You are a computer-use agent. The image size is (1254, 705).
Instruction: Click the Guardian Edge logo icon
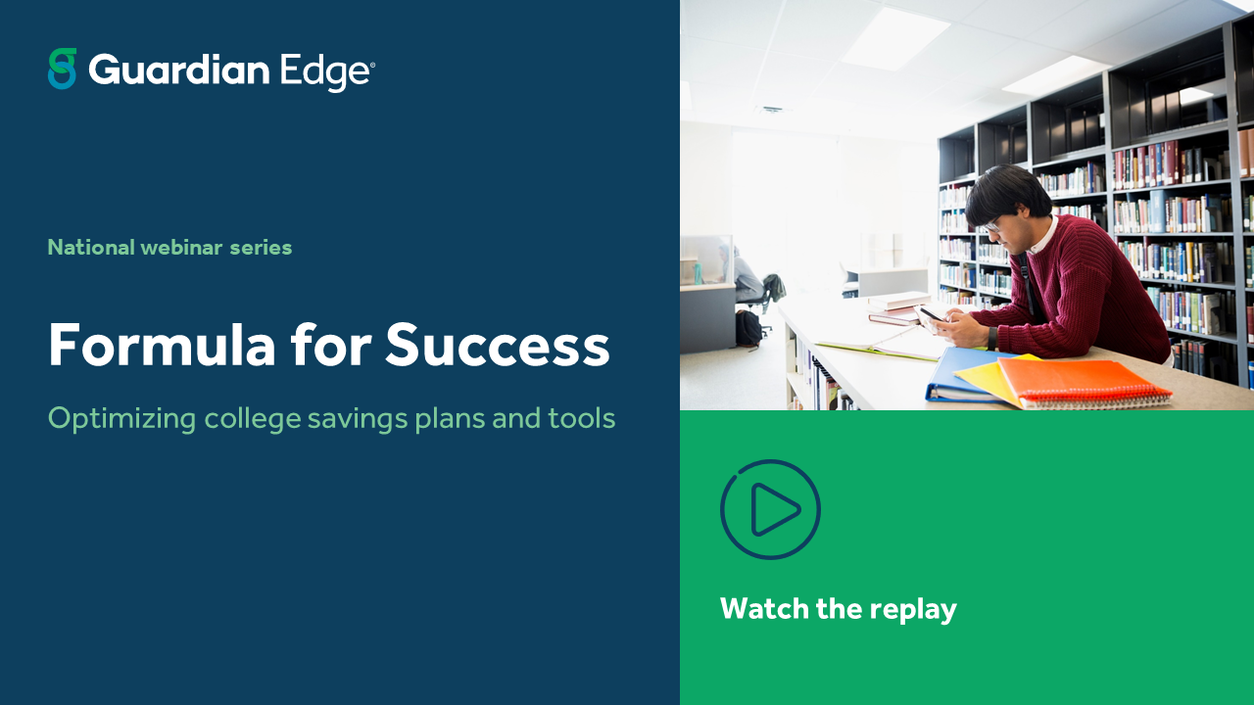pyautogui.click(x=62, y=69)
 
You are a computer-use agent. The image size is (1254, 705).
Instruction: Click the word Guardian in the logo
pyautogui.click(x=178, y=70)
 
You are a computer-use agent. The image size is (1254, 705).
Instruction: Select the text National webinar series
pyautogui.click(x=169, y=247)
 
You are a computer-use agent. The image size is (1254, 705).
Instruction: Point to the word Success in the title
pyautogui.click(x=497, y=345)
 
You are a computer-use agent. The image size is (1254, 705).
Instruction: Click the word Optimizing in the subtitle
pyautogui.click(x=121, y=418)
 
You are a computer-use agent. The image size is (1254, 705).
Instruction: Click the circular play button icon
pyautogui.click(x=770, y=509)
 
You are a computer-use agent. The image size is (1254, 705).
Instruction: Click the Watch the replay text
pyautogui.click(x=838, y=609)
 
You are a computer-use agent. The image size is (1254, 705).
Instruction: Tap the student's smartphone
pyautogui.click(x=930, y=313)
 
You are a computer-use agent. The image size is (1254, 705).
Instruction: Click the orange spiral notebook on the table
pyautogui.click(x=1083, y=382)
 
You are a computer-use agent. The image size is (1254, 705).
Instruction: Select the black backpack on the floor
pyautogui.click(x=748, y=328)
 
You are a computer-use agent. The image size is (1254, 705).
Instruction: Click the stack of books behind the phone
pyautogui.click(x=897, y=307)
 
